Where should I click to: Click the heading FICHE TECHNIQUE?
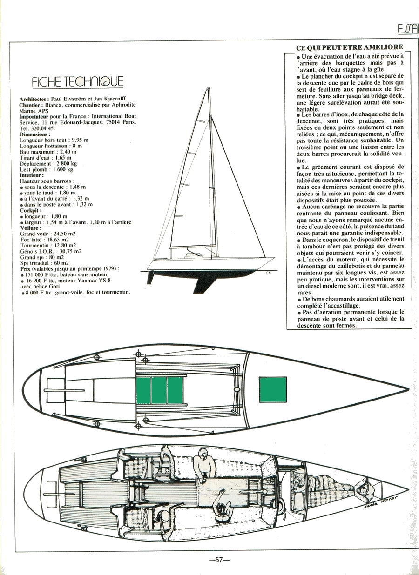tap(78, 82)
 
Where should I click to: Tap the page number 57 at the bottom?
tap(220, 560)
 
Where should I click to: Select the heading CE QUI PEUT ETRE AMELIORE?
tap(349, 48)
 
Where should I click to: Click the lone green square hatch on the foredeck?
tap(273, 390)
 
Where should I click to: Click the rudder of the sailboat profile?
tap(149, 277)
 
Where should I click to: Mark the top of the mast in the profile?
tap(207, 90)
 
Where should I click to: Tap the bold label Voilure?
tap(30, 228)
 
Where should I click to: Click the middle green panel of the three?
tap(159, 390)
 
